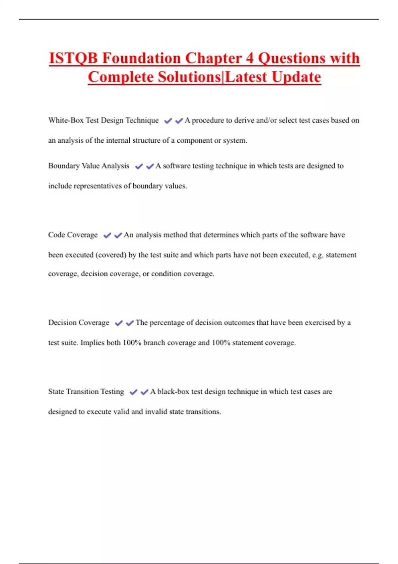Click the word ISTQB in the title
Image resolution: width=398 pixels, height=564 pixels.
(73, 58)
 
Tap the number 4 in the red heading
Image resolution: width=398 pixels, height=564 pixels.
(249, 58)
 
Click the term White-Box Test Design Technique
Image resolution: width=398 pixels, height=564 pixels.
(103, 120)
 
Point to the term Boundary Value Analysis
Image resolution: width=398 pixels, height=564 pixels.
(89, 166)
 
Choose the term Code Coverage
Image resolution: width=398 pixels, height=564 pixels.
(73, 235)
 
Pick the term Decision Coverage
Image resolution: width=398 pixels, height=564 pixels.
(79, 323)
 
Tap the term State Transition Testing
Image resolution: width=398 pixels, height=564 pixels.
(86, 392)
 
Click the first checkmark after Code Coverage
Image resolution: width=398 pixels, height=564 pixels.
(107, 236)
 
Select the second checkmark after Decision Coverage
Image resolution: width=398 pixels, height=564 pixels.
(130, 323)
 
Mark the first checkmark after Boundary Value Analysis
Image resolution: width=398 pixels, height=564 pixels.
(139, 167)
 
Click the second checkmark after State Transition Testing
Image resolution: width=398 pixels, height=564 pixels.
(144, 392)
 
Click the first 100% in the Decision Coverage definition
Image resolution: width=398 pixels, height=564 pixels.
(132, 343)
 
